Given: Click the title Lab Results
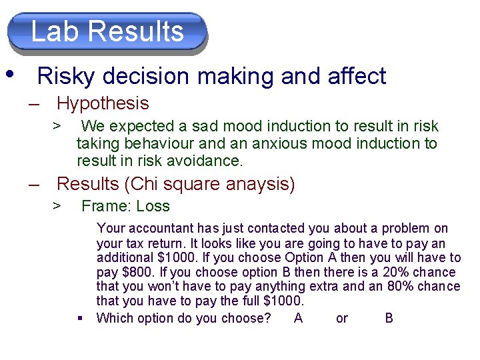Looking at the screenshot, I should (107, 31).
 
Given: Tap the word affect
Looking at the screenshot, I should (357, 77).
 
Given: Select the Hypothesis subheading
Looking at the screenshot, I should (103, 103).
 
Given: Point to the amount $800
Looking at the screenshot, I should (132, 272).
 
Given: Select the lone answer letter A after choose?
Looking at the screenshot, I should (298, 318).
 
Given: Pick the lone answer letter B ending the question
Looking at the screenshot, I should (389, 318).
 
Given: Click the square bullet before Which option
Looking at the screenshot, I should (80, 318).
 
